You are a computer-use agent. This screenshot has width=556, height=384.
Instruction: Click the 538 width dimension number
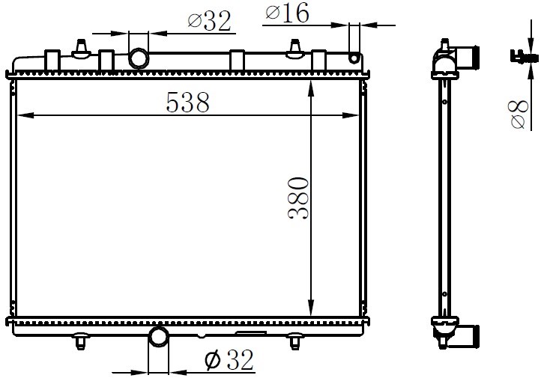point(187,102)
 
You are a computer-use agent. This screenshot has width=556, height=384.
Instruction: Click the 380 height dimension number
point(298,198)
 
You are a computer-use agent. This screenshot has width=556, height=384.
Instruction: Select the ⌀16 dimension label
point(287,13)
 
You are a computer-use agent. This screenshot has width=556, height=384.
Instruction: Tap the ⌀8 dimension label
point(519,114)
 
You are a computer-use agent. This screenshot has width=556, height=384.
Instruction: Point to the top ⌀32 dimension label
point(209,21)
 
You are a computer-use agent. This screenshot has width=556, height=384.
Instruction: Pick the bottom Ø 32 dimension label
point(229,360)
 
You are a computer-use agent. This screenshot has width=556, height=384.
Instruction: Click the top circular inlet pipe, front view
point(139,58)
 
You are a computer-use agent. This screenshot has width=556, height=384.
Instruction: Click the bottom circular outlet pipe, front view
point(159,337)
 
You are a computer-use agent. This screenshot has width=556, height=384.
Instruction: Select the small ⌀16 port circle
point(354,58)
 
